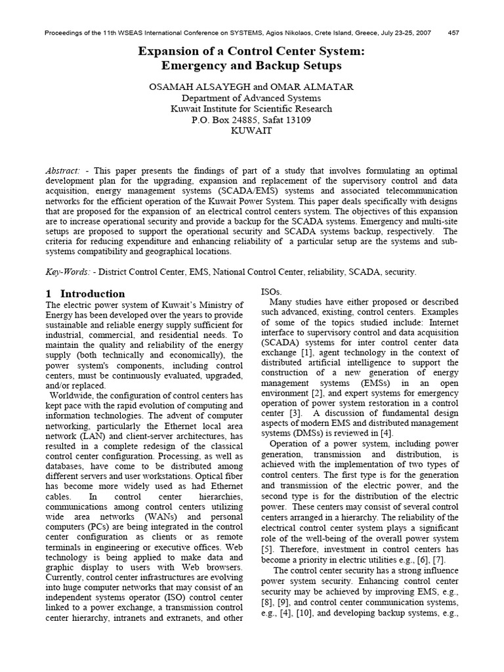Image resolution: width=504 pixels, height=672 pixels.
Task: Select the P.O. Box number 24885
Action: (x=253, y=120)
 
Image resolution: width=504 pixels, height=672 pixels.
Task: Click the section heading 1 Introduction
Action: (x=85, y=293)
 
